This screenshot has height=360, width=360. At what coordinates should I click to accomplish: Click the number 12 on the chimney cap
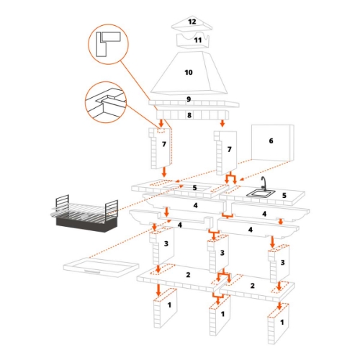(192, 22)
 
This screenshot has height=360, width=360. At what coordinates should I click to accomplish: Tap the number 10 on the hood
(189, 73)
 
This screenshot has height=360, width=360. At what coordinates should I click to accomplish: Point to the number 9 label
(189, 99)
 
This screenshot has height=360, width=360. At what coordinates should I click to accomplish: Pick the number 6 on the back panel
(271, 141)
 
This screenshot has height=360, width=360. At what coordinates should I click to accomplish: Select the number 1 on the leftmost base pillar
(170, 306)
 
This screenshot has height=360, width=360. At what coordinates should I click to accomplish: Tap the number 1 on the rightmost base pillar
(281, 315)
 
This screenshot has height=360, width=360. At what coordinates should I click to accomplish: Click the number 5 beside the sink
(285, 195)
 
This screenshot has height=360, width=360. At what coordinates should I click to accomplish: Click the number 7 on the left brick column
(165, 145)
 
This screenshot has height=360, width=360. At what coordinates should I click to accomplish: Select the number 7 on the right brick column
(229, 149)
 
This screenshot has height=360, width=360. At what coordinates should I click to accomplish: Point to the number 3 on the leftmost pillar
(166, 244)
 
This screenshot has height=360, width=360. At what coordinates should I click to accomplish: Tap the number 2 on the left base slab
(188, 275)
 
